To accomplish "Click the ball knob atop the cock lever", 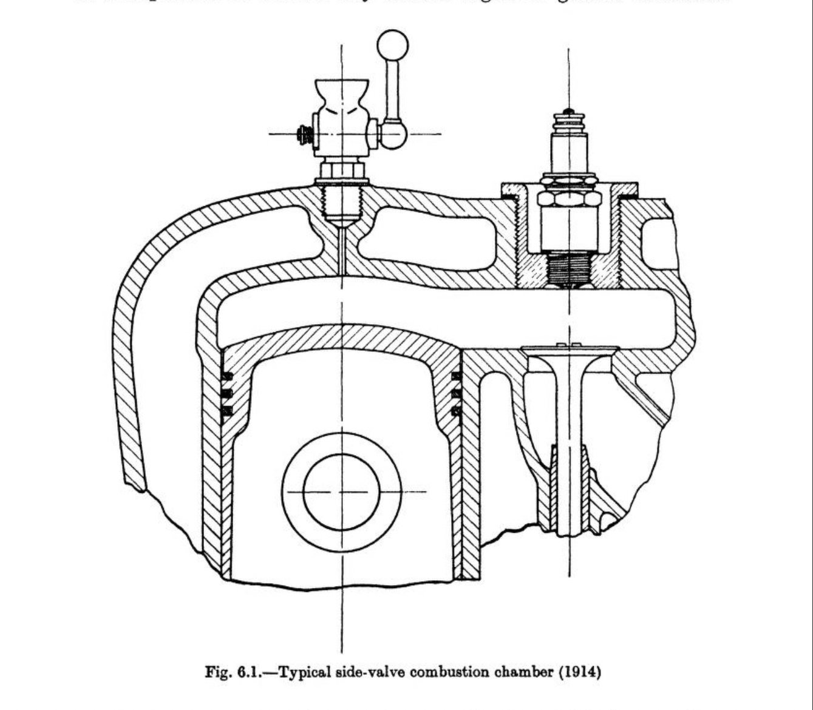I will point(392,45).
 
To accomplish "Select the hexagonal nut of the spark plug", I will point(569,198).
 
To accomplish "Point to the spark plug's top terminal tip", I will point(568,112).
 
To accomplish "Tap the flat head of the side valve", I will point(569,350).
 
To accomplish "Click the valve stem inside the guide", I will point(569,485).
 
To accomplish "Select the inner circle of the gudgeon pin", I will point(341,492).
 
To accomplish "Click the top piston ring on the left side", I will point(226,376).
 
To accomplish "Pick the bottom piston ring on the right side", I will point(456,411).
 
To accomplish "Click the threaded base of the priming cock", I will point(342,203).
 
